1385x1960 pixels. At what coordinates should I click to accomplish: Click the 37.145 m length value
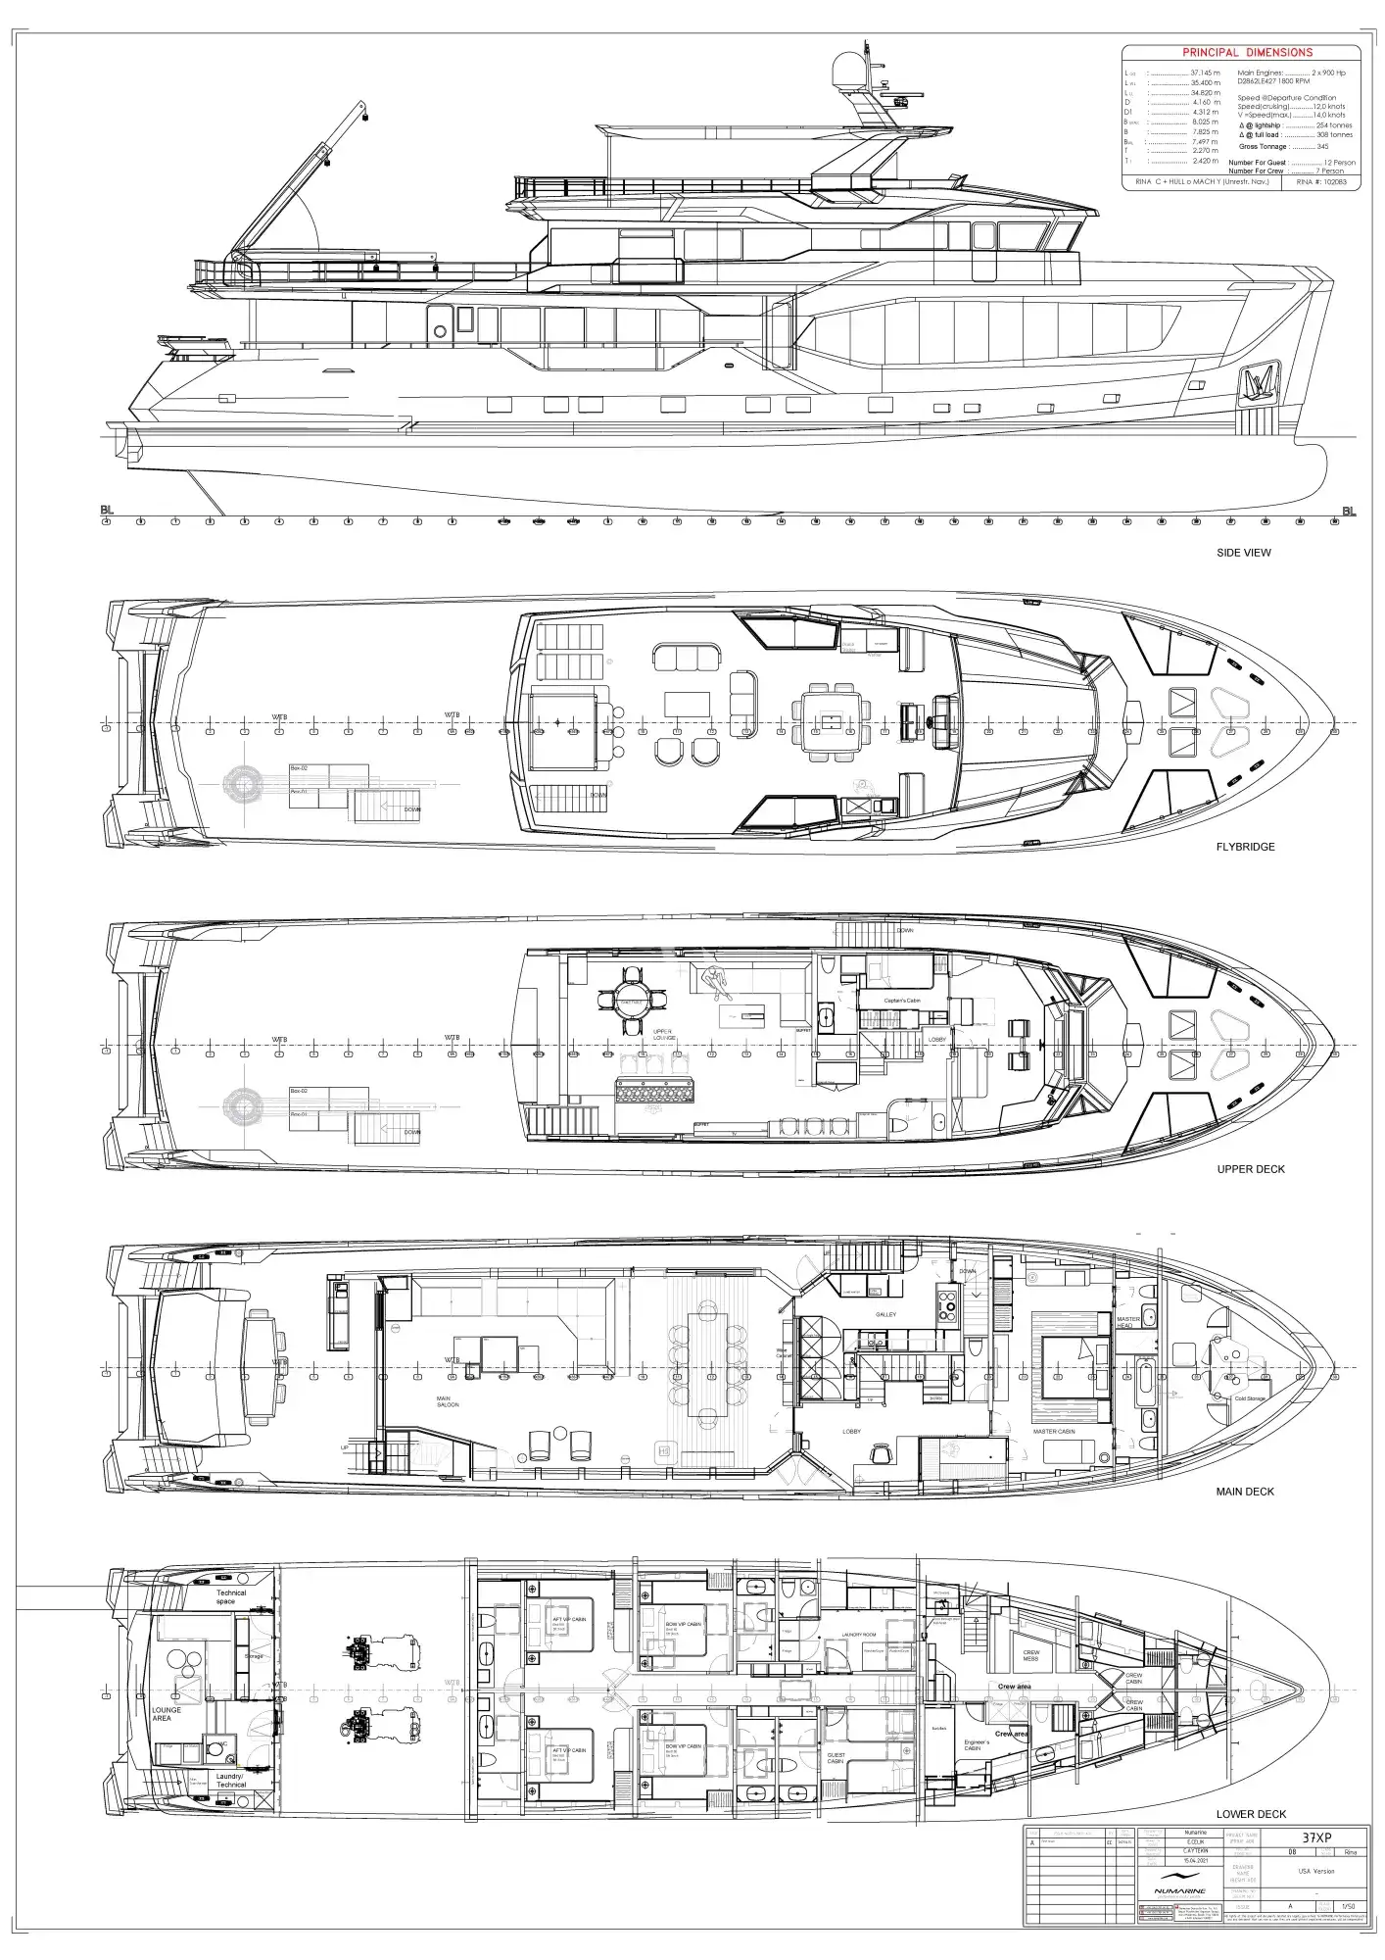(1205, 73)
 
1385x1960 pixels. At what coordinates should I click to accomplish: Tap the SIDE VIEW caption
(1243, 553)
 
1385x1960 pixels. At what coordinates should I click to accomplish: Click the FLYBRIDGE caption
(1245, 847)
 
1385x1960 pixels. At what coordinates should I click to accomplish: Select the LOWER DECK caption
(1251, 1814)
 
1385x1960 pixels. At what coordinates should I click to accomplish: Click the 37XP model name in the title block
(1315, 1838)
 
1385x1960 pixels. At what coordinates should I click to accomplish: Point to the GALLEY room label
(885, 1315)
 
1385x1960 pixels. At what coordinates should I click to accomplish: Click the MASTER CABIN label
(1054, 1432)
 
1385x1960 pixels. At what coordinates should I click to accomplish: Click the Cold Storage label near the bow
(1249, 1398)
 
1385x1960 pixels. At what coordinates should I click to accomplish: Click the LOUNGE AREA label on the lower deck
(167, 1714)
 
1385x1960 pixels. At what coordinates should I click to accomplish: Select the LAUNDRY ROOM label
(858, 1635)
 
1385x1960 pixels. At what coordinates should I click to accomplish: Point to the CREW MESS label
(1030, 1655)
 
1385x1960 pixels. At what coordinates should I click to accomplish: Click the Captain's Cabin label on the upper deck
(901, 1001)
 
